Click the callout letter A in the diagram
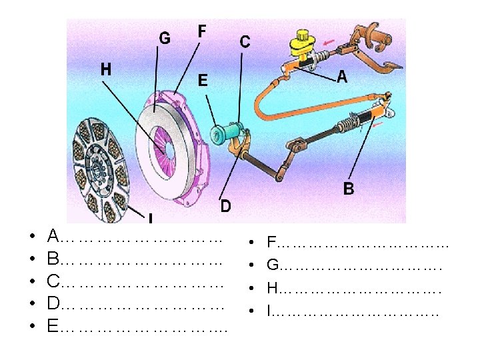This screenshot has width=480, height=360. pos(342,77)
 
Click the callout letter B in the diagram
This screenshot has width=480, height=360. pos(349,189)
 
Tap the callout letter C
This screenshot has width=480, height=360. pos(245,42)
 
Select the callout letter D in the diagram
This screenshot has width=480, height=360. pos(226,207)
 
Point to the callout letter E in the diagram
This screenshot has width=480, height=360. pos(202,81)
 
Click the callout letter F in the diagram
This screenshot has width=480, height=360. pos(201,31)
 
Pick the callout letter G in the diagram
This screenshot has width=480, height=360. pos(164,38)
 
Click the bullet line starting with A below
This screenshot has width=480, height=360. pos(133,237)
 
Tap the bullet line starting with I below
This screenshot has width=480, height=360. pos(353,311)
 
